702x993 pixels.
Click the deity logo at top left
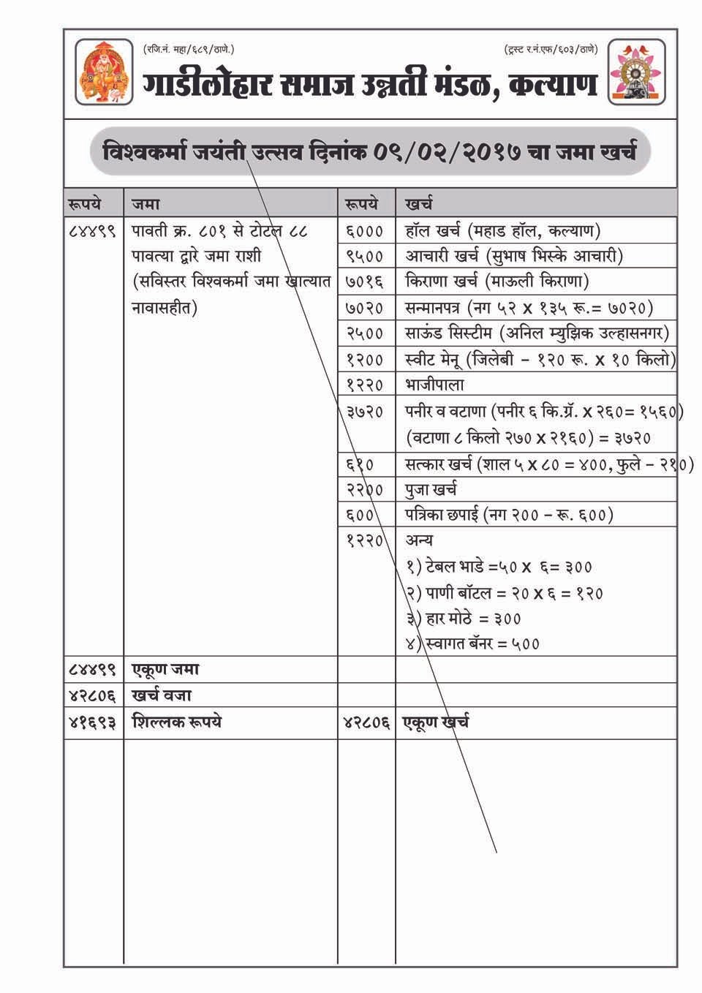(x=105, y=72)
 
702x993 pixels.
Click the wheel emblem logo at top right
(x=638, y=72)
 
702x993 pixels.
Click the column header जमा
(x=146, y=203)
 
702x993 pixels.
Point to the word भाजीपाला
(x=434, y=385)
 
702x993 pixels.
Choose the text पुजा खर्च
(x=431, y=489)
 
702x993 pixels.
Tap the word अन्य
(x=420, y=540)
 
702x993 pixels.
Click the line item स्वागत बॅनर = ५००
(x=473, y=643)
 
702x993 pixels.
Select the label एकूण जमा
(x=166, y=669)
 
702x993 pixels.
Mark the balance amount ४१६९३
(x=92, y=722)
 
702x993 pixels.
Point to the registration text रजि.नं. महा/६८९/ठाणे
(x=189, y=49)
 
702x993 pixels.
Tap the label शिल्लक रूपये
(x=177, y=722)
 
